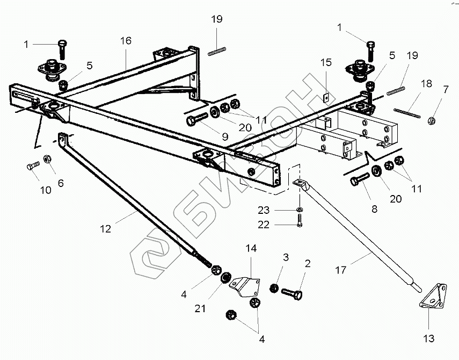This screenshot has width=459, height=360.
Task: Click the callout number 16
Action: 126,41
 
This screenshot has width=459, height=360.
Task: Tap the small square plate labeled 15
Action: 326,98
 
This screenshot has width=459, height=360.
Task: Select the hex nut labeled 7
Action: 431,120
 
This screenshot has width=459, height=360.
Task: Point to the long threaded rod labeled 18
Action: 407,113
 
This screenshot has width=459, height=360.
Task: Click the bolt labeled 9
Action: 196,118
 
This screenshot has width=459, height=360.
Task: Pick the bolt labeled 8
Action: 360,179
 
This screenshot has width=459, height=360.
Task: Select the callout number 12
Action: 105,229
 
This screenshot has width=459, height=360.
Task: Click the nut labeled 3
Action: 274,288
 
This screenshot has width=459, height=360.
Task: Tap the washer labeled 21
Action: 225,277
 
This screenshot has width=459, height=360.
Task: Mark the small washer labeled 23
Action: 300,209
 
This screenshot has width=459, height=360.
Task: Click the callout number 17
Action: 341,270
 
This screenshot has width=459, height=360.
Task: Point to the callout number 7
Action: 446,89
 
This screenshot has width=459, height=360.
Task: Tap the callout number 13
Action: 429,339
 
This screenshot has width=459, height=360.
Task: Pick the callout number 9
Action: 225,136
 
